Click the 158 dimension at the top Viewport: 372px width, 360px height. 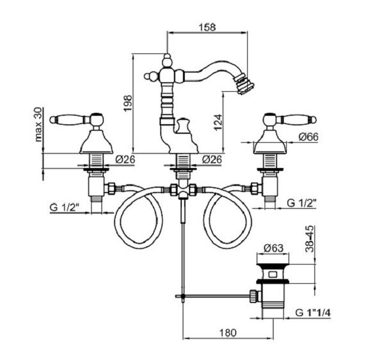point(208,27)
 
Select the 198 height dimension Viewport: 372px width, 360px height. point(128,103)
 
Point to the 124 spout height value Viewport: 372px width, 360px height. point(218,122)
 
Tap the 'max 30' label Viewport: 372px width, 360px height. point(38,125)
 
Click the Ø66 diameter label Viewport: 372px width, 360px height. point(308,137)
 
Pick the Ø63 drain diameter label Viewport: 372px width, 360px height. point(274,248)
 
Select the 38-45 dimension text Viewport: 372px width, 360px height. point(310,239)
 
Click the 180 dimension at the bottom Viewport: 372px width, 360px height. point(228,333)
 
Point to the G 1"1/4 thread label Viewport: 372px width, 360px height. point(313,313)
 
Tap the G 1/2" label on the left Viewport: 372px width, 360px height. point(64,208)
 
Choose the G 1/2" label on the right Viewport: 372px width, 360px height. point(302,203)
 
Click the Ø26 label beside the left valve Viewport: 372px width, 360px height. point(125,159)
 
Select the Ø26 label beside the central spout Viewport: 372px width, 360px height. point(212,159)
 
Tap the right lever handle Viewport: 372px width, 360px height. point(289,119)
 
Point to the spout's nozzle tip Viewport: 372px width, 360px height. point(246,84)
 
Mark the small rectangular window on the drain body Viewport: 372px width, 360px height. point(273,275)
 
